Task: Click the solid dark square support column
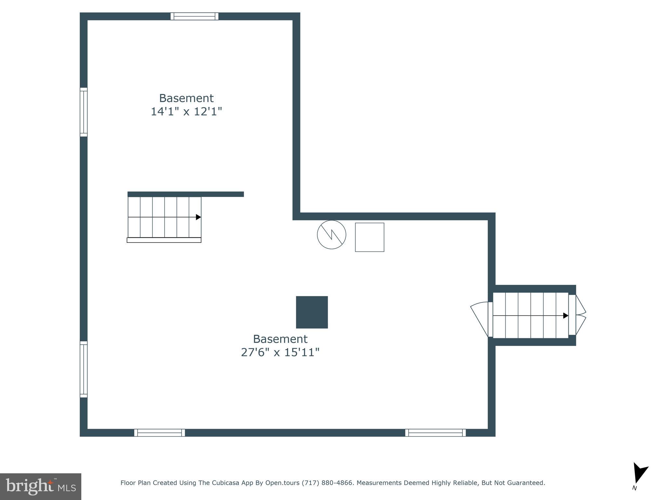pyautogui.click(x=312, y=312)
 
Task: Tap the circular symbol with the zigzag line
pyautogui.click(x=331, y=235)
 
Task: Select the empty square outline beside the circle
pyautogui.click(x=369, y=237)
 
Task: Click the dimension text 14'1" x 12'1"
pyautogui.click(x=186, y=112)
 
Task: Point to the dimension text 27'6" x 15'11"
pyautogui.click(x=280, y=353)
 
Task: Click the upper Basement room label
pyautogui.click(x=186, y=98)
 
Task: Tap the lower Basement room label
pyautogui.click(x=280, y=339)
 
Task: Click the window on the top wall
pyautogui.click(x=194, y=16)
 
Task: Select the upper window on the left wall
pyautogui.click(x=84, y=112)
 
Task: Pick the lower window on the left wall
pyautogui.click(x=84, y=369)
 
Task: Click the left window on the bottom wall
pyautogui.click(x=159, y=433)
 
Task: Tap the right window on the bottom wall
pyautogui.click(x=435, y=433)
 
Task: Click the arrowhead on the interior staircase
pyautogui.click(x=198, y=217)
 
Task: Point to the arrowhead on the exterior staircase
pyautogui.click(x=566, y=315)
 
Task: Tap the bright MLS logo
pyautogui.click(x=40, y=486)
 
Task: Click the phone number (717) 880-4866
pyautogui.click(x=327, y=483)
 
